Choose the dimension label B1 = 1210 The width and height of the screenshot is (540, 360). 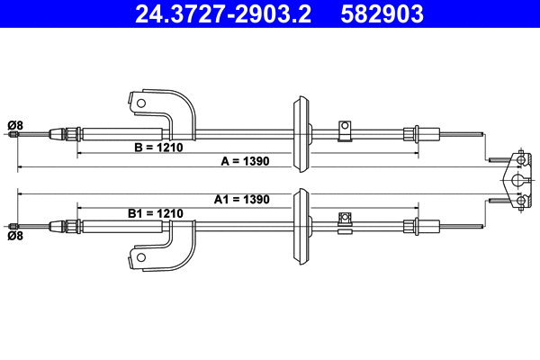(155, 213)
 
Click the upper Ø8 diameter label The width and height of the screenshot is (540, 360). (15, 123)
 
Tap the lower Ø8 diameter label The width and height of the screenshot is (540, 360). (15, 237)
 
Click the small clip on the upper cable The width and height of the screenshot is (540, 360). (343, 130)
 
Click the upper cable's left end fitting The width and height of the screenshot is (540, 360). (13, 135)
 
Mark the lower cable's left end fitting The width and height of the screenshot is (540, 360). (13, 225)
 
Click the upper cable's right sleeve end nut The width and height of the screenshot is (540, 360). (412, 135)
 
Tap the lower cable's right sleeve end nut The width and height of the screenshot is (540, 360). (412, 225)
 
